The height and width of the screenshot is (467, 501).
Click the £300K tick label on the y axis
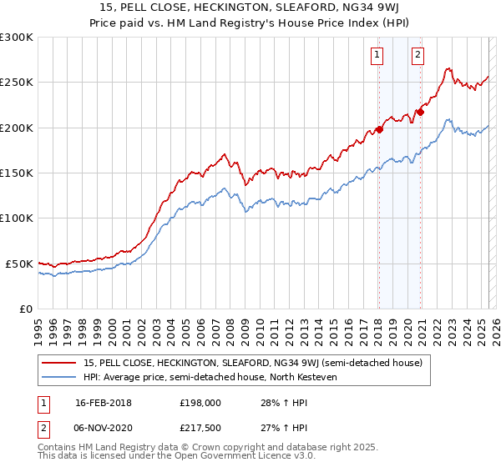pyautogui.click(x=17, y=38)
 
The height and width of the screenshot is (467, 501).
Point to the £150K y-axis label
pyautogui.click(x=17, y=173)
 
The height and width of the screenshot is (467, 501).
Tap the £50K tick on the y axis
pyautogui.click(x=19, y=264)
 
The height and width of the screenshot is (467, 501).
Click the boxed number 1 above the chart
pyautogui.click(x=377, y=56)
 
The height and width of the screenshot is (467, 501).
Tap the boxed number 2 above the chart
pyautogui.click(x=417, y=56)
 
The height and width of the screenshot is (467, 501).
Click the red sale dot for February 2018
pyautogui.click(x=379, y=129)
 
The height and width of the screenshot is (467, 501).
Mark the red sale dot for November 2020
pyautogui.click(x=420, y=112)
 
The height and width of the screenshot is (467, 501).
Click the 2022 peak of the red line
pyautogui.click(x=449, y=69)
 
